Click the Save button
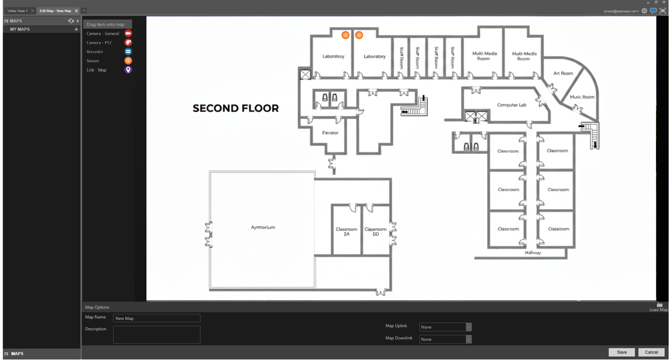tap(621, 352)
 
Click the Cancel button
tap(651, 352)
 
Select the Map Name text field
tap(156, 318)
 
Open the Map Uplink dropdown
tap(445, 327)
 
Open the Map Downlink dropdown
tap(445, 339)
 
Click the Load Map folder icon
tap(659, 305)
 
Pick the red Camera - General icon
tap(128, 34)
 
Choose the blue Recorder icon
tap(128, 52)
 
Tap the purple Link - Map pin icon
tap(128, 70)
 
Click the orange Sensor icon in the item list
tap(128, 61)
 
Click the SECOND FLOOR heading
tap(236, 108)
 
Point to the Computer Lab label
tap(512, 105)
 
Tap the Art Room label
tap(563, 73)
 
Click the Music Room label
tap(582, 97)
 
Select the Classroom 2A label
tap(347, 232)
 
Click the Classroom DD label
tap(376, 232)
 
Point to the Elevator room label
tap(330, 133)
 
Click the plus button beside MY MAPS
tap(76, 30)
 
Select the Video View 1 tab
tap(18, 11)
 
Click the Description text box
tap(156, 334)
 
